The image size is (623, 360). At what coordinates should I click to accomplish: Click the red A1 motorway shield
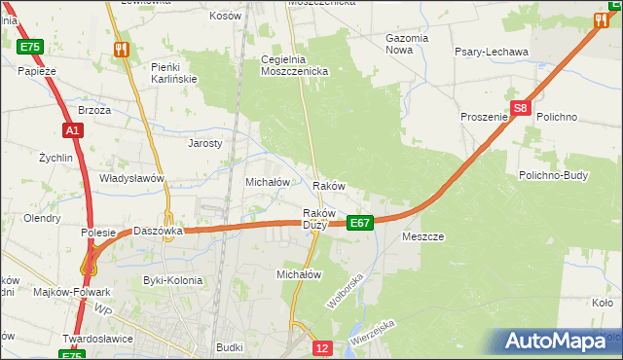point(73,130)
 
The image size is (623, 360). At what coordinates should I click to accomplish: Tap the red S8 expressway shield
point(521,109)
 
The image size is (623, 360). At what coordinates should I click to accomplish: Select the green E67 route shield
point(359,223)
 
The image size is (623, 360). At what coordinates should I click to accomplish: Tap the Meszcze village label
point(422,236)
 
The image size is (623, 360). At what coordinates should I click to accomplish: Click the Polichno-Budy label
point(552,175)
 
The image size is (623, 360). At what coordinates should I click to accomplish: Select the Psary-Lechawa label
point(491,52)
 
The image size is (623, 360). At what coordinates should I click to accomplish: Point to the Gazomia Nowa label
point(407,44)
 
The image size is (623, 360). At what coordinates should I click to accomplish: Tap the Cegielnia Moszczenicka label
point(295,65)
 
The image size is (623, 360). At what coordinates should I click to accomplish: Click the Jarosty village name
point(205,142)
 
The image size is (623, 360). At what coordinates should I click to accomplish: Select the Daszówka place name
point(159,232)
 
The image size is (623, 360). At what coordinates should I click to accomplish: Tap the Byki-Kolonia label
point(173,280)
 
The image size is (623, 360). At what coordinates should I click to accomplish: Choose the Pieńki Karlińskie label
point(174,72)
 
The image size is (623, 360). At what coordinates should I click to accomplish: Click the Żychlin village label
point(56,157)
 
